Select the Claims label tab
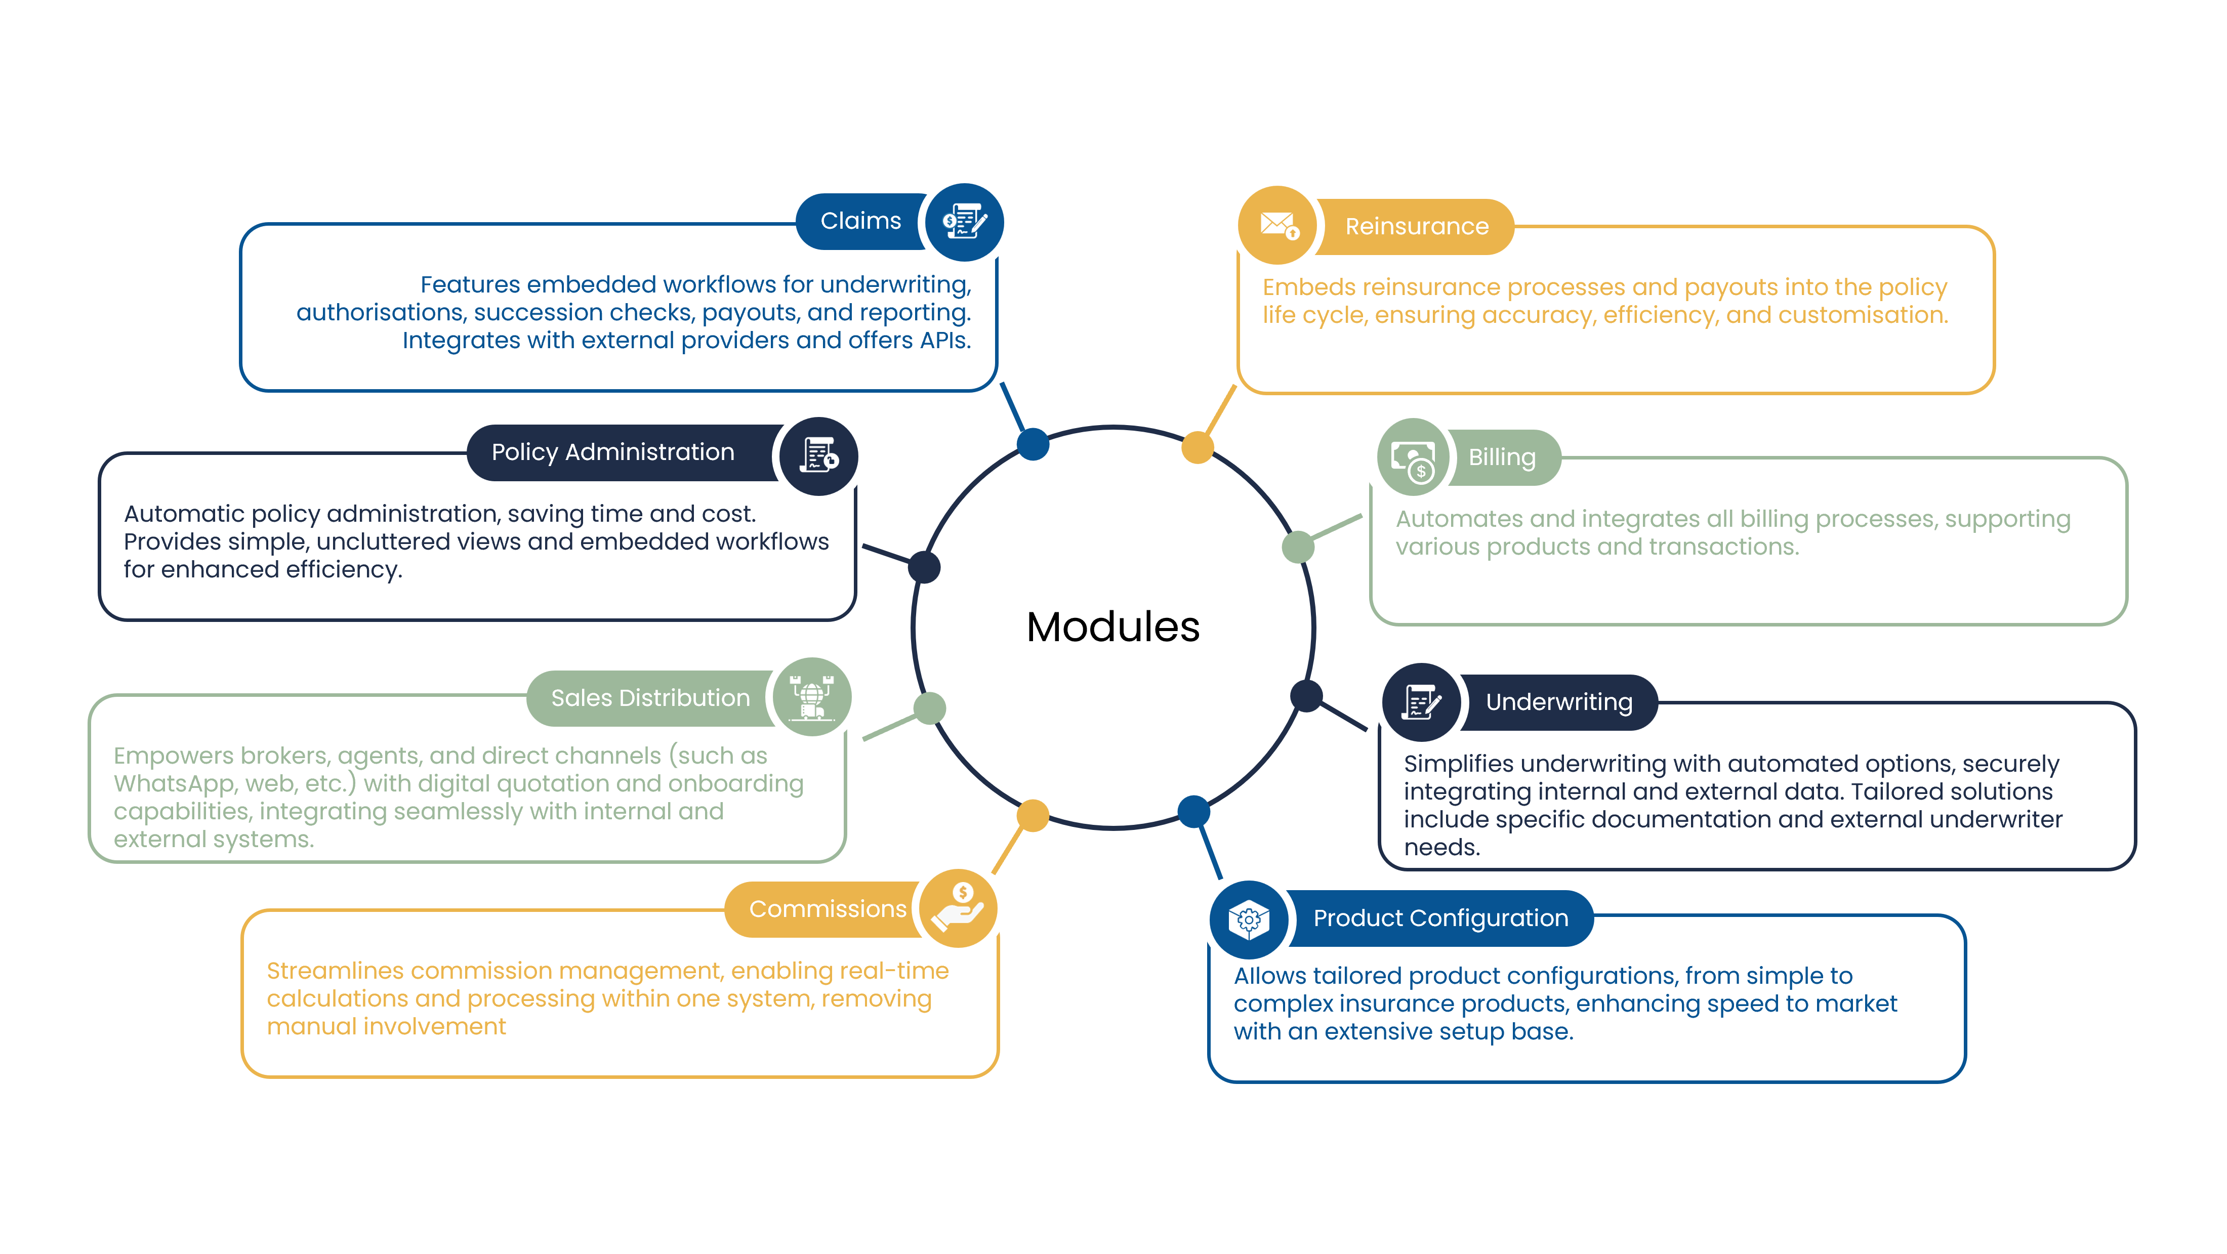click(x=860, y=221)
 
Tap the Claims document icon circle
click(x=964, y=222)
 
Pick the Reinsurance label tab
click(x=1416, y=226)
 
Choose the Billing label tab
click(x=1502, y=457)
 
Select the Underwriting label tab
click(x=1559, y=702)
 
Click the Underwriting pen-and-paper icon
click(x=1420, y=702)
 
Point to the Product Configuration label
click(x=1440, y=918)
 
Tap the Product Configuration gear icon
click(x=1248, y=919)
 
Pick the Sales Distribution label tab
click(x=650, y=698)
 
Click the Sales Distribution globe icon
click(x=812, y=696)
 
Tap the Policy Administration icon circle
click(x=818, y=455)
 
